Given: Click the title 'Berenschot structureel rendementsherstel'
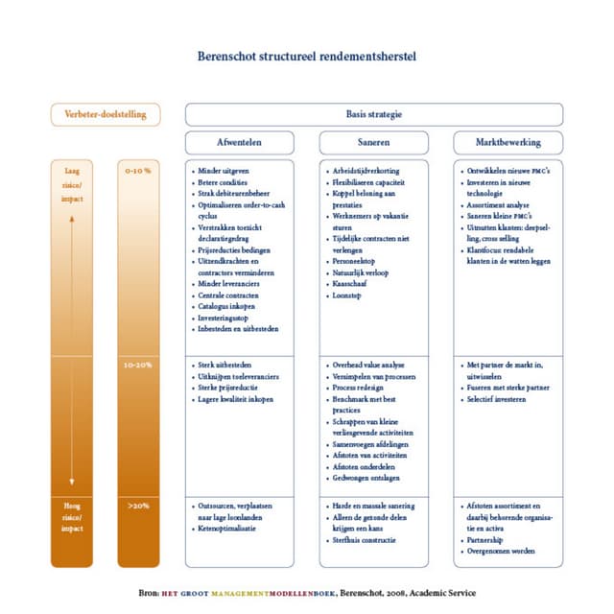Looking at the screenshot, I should point(307,57).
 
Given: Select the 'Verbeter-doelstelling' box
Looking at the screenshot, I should point(106,114).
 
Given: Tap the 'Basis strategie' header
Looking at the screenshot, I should point(373,114).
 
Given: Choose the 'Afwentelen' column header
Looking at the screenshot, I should point(239,142).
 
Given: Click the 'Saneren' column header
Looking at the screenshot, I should point(373,142).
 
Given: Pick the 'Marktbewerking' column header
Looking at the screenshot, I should point(508,142).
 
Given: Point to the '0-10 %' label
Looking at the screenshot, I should point(138,170).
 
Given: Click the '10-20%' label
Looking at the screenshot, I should point(138,366).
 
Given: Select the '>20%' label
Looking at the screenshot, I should point(138,505).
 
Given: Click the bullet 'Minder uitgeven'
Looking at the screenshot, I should point(224,170).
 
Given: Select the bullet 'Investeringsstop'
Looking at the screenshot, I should point(229,319).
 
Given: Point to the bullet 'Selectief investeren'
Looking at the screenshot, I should point(500,398).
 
